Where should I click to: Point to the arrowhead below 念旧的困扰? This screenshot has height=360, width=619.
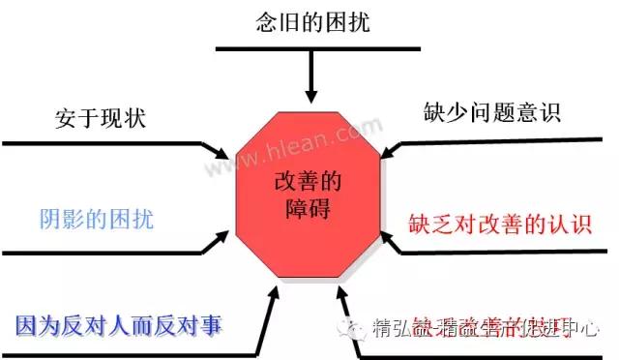309,93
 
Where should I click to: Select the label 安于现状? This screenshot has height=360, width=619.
101,121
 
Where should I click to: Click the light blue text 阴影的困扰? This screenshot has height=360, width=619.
97,217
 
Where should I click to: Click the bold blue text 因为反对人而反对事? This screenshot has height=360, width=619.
120,324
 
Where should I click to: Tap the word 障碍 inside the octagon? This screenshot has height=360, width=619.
309,207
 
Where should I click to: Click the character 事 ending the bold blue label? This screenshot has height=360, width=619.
212,324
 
